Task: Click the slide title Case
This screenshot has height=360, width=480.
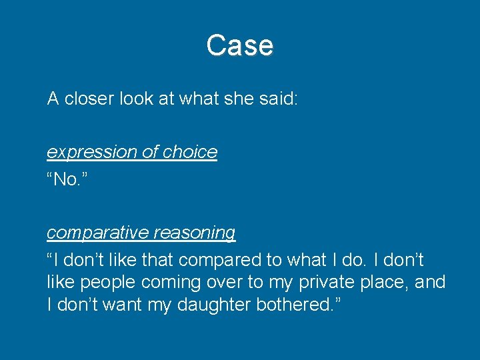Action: tap(239, 45)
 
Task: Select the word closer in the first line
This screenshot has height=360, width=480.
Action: tap(89, 99)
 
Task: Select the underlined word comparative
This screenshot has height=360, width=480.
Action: tap(97, 233)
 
